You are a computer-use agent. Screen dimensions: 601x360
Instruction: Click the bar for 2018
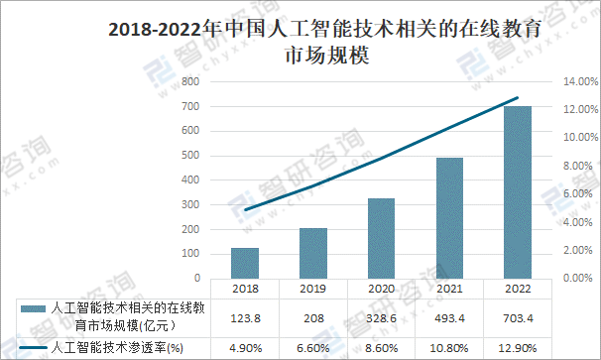[x=245, y=263]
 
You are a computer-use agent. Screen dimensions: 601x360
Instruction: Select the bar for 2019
[x=313, y=253]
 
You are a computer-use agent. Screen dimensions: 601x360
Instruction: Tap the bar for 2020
[x=381, y=238]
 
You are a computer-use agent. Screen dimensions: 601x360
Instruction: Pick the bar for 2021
[x=449, y=218]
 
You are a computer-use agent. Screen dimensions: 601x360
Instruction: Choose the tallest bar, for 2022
[x=518, y=192]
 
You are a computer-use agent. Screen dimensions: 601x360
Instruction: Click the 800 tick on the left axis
[x=190, y=81]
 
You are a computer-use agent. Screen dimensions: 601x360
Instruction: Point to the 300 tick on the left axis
[x=190, y=204]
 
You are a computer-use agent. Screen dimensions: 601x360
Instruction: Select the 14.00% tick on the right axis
[x=580, y=81]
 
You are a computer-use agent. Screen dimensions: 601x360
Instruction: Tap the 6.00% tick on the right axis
[x=577, y=193]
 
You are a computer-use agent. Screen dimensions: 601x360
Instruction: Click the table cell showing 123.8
[x=245, y=318]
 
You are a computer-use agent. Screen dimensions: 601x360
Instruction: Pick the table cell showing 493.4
[x=449, y=318]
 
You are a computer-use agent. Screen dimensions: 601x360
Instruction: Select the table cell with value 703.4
[x=518, y=318]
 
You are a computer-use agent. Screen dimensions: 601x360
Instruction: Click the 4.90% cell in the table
[x=245, y=348]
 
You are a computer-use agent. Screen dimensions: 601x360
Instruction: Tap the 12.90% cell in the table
[x=518, y=348]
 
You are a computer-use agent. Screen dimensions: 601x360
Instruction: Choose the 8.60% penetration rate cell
[x=382, y=348]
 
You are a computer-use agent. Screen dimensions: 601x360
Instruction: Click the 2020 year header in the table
[x=382, y=289]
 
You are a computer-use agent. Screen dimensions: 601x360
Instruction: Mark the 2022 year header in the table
[x=518, y=289]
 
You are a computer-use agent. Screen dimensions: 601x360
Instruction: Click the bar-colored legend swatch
[x=33, y=309]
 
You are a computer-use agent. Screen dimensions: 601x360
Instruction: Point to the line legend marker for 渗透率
[x=33, y=348]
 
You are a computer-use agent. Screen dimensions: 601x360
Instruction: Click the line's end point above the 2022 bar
[x=518, y=98]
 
